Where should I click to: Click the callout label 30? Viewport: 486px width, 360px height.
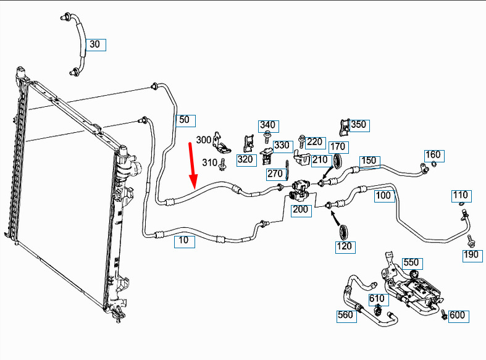[x=94, y=44]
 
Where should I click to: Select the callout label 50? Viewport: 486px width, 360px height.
[x=184, y=120]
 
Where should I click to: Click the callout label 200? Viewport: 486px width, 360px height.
[x=300, y=210]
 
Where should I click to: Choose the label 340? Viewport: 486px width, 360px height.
[x=267, y=125]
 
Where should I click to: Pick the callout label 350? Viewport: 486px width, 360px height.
[x=358, y=125]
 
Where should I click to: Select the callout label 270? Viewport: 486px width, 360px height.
[x=275, y=174]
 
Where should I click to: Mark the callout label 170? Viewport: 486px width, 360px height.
[x=338, y=147]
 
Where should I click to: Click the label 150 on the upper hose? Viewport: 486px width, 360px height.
[x=369, y=161]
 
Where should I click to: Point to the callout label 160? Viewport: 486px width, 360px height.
[x=434, y=154]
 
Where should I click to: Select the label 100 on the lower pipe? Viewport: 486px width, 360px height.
[x=383, y=196]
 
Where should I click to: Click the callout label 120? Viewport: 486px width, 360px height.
[x=344, y=247]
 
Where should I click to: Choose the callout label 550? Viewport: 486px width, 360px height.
[x=411, y=262]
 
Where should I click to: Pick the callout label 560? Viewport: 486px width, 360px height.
[x=346, y=316]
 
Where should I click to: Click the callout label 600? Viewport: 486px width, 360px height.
[x=457, y=316]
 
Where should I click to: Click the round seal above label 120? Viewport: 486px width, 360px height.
[x=346, y=232]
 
